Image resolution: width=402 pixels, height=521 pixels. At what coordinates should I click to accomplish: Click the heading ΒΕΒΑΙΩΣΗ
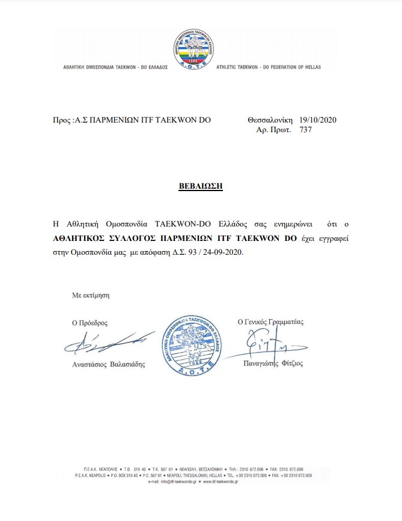(201, 186)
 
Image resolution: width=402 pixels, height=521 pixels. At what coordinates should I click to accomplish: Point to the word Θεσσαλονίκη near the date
(270, 120)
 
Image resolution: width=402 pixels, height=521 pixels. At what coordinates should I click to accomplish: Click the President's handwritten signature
(103, 343)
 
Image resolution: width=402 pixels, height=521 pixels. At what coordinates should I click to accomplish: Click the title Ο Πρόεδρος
(90, 323)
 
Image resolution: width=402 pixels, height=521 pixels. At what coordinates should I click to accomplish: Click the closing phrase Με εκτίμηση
(91, 295)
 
